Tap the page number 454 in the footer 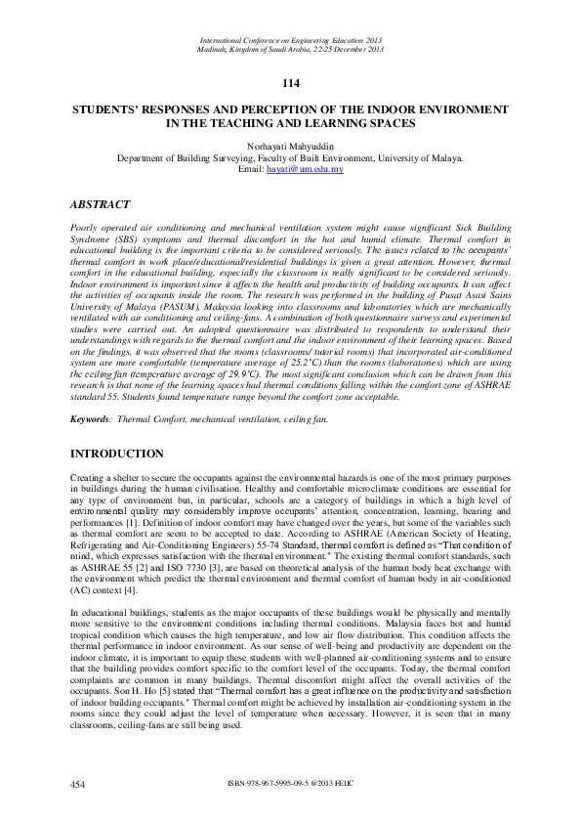pyautogui.click(x=80, y=784)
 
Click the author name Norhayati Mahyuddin pyautogui.click(x=290, y=145)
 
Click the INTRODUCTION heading pyautogui.click(x=118, y=454)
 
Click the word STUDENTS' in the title pyautogui.click(x=114, y=110)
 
